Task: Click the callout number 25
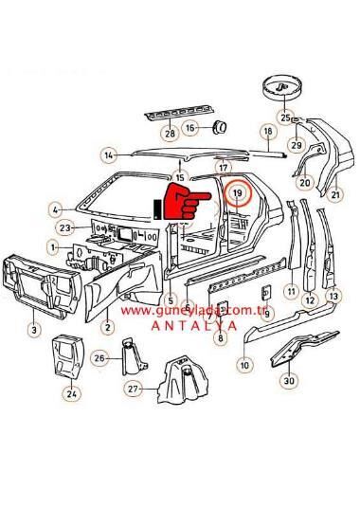pos(285,117)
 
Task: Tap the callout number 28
pos(170,135)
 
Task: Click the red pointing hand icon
pos(182,203)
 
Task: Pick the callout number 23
pos(65,228)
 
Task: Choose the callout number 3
pos(33,330)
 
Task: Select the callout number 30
pos(289,382)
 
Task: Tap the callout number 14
pos(110,154)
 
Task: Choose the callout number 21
pos(335,196)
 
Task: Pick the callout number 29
pos(295,145)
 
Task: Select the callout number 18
pos(268,132)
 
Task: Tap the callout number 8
pos(220,336)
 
